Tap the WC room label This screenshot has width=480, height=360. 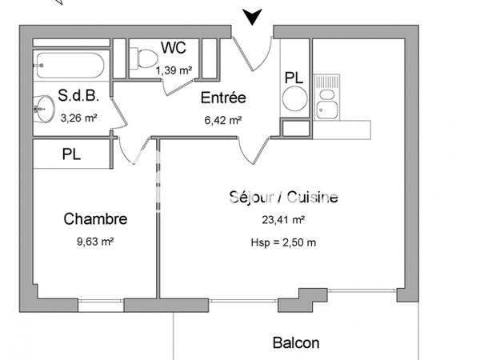[174, 48]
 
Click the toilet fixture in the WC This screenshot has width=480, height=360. [145, 58]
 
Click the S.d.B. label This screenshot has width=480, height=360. [78, 97]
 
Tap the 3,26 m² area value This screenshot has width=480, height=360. [79, 118]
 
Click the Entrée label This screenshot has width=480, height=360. [223, 99]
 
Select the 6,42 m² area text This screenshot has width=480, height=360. [223, 121]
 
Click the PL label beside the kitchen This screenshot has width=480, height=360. [294, 78]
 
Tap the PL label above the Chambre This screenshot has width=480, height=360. [71, 154]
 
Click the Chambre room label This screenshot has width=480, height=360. [95, 218]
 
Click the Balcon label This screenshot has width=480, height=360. [295, 343]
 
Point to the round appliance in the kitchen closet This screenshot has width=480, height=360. [294, 102]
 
